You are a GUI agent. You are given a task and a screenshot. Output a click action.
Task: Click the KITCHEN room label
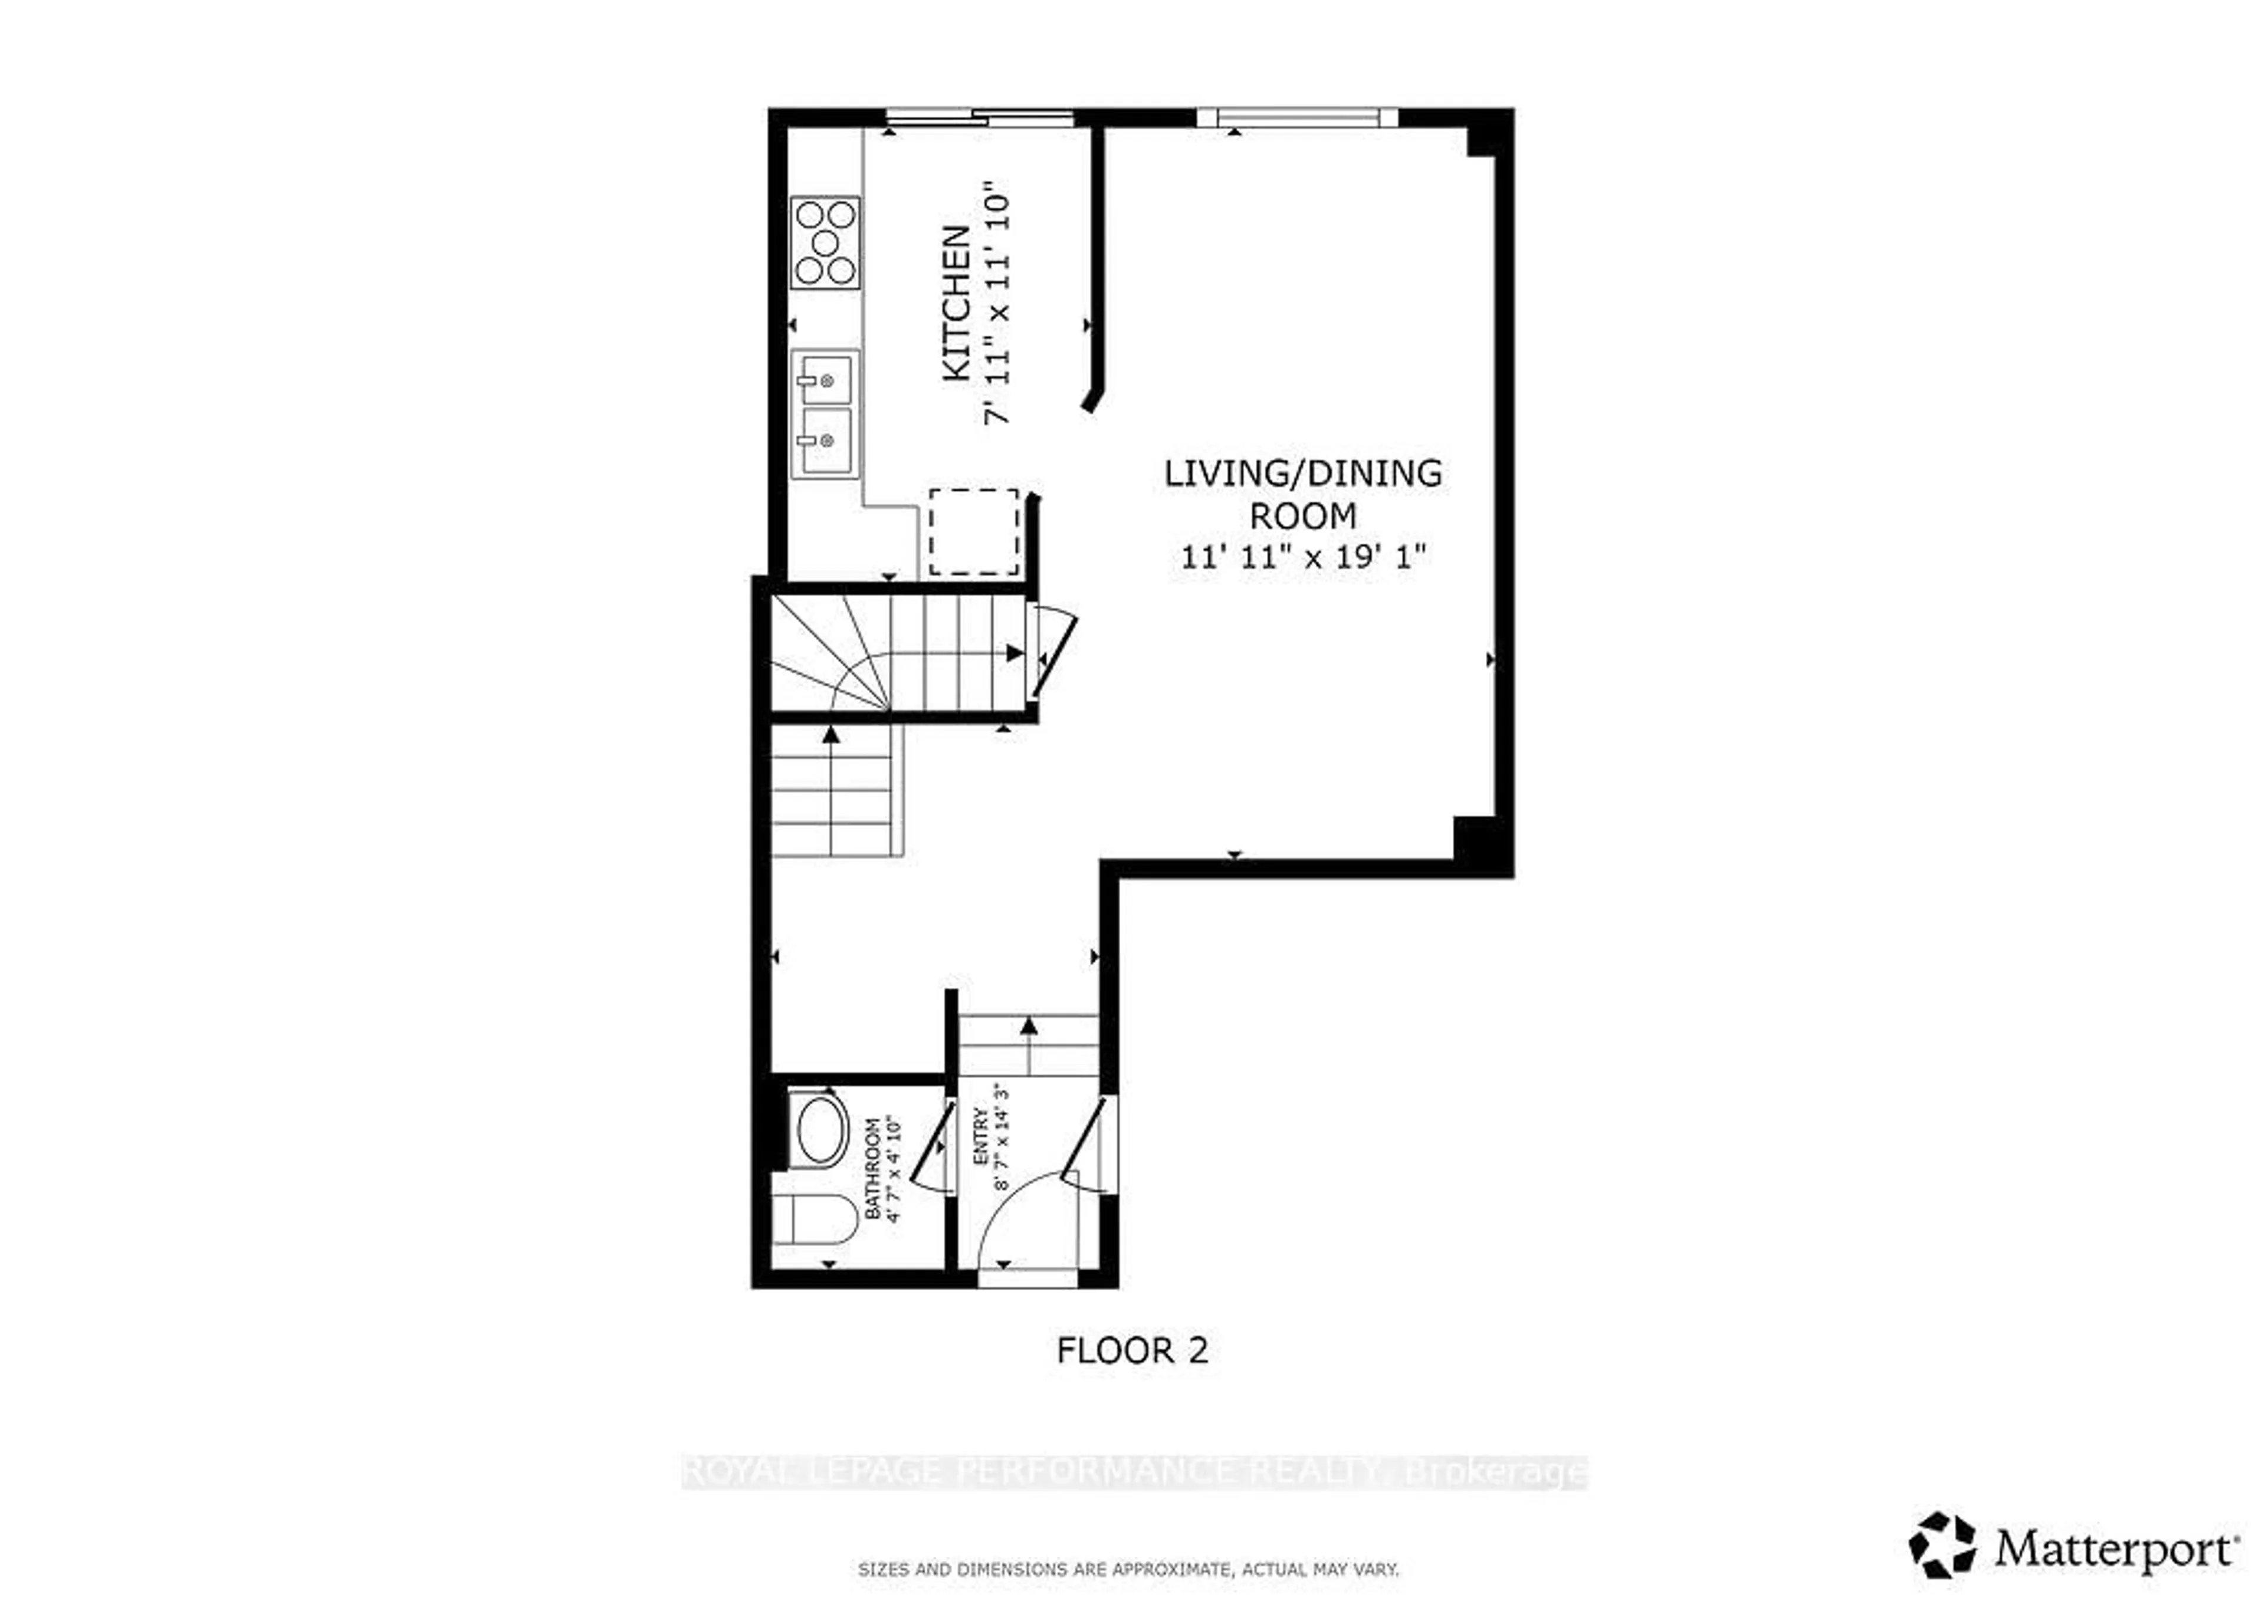pos(956,303)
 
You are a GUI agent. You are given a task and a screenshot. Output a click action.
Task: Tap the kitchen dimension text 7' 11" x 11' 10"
pos(999,303)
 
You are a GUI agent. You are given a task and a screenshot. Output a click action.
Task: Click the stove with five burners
pos(826,243)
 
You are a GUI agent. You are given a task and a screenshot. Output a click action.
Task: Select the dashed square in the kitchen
pos(974,532)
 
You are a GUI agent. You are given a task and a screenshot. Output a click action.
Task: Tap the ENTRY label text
pos(980,1138)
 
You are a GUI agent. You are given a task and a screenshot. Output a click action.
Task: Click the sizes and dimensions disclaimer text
pos(1128,1569)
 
